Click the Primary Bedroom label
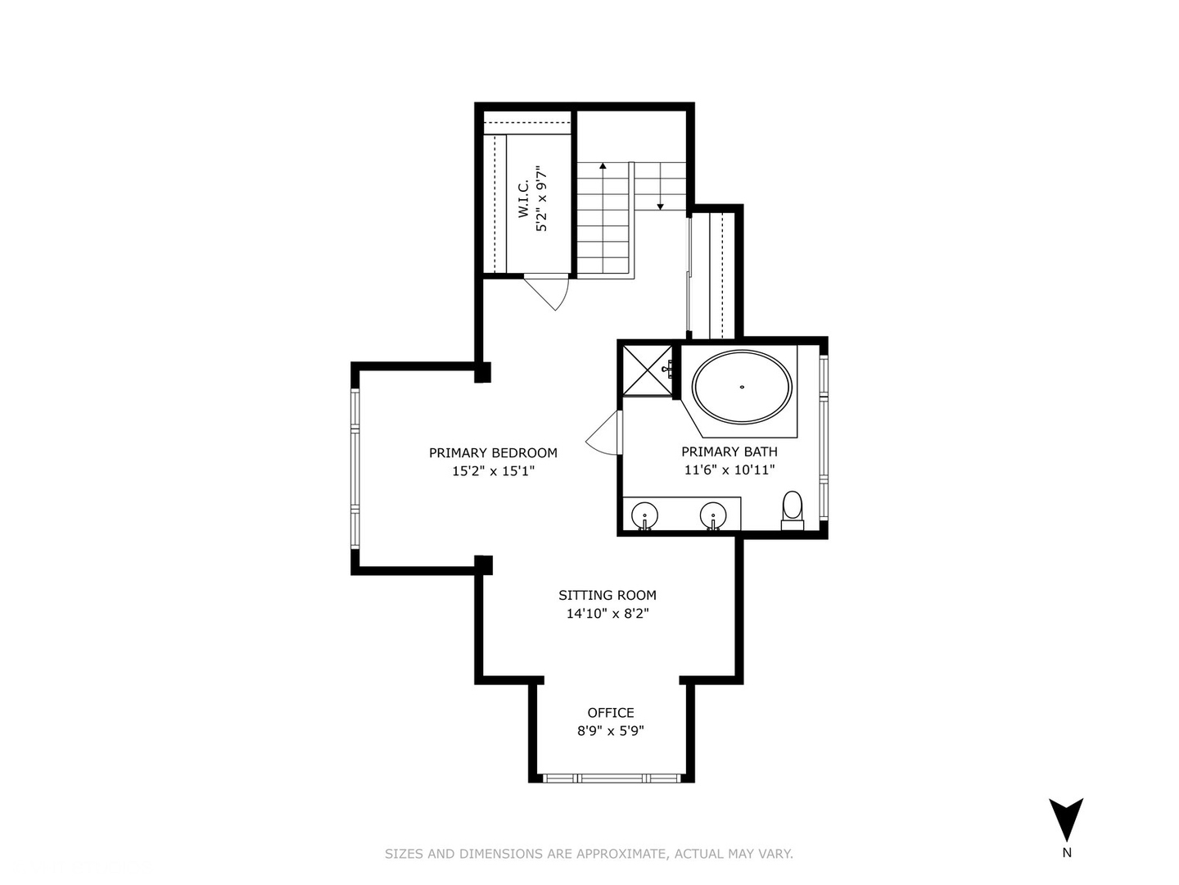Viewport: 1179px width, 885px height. [493, 452]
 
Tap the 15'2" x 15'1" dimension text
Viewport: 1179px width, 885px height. [493, 471]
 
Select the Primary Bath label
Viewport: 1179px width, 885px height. [729, 452]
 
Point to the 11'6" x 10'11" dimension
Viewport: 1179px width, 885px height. [729, 470]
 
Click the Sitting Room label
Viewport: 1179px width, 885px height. [607, 596]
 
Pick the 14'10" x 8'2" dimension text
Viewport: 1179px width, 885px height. [607, 614]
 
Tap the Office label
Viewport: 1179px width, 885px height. [611, 713]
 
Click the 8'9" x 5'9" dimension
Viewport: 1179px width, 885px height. [611, 731]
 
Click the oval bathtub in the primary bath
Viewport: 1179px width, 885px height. [742, 387]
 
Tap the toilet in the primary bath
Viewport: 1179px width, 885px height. [793, 510]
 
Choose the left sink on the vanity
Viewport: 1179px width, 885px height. [645, 515]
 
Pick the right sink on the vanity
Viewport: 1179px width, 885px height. [713, 515]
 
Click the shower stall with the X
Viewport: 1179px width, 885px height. [647, 370]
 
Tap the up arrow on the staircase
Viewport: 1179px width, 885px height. [603, 167]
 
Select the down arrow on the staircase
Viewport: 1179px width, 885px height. [660, 205]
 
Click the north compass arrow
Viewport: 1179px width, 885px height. [1066, 819]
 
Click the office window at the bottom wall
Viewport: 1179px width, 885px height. [610, 778]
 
